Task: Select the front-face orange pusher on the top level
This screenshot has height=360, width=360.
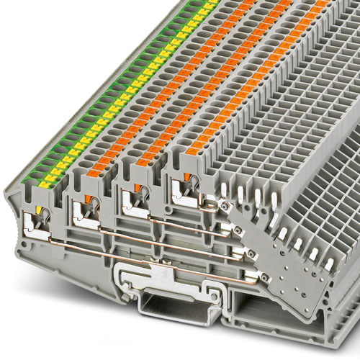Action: tap(189, 175)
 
